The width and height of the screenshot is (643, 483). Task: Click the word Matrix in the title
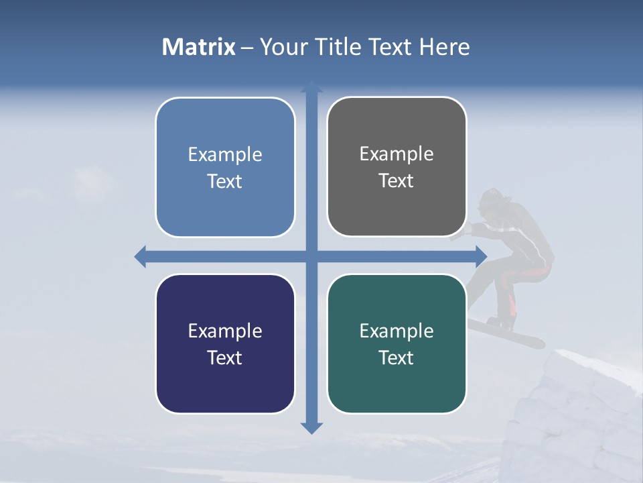pyautogui.click(x=198, y=47)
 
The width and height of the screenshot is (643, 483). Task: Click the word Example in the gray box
pyautogui.click(x=397, y=154)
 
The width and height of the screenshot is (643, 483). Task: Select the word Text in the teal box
pyautogui.click(x=397, y=358)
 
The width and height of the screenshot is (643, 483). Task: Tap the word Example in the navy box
pyautogui.click(x=225, y=331)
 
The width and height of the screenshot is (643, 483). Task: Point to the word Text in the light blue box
pyautogui.click(x=225, y=181)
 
